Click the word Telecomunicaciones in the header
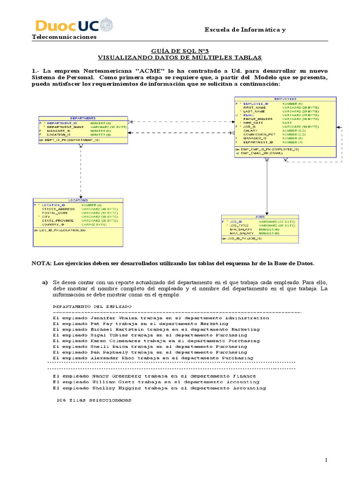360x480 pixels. click(x=64, y=37)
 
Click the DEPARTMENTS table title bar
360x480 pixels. click(x=82, y=118)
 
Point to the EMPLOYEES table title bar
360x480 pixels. click(x=285, y=99)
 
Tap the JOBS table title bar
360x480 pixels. click(x=260, y=217)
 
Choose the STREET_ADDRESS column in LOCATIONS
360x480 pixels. click(x=59, y=209)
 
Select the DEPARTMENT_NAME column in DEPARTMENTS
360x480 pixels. click(x=65, y=127)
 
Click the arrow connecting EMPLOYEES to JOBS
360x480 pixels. click(x=267, y=187)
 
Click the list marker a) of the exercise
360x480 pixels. click(x=45, y=283)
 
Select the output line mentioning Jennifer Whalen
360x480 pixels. click(x=161, y=318)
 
